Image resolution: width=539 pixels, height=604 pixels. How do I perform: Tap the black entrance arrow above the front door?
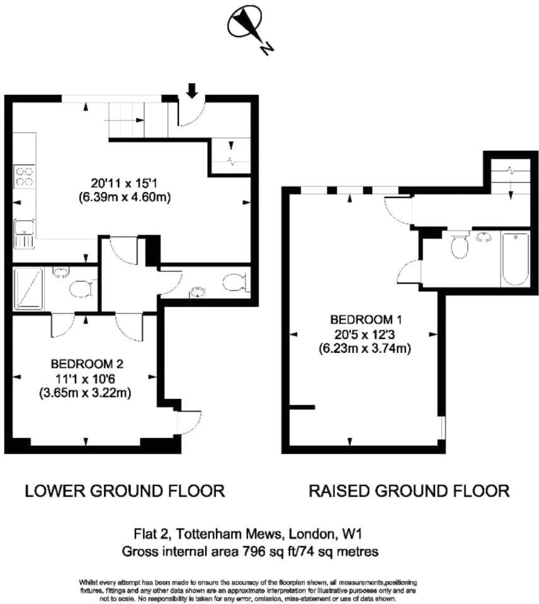192,92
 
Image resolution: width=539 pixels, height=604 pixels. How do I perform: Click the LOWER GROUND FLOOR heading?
125,491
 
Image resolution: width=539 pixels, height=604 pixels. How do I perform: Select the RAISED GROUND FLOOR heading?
409,491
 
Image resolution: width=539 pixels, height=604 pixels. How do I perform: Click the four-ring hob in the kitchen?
24,176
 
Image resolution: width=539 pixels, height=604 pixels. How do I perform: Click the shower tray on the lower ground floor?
28,289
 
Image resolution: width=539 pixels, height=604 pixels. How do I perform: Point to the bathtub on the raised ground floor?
515,259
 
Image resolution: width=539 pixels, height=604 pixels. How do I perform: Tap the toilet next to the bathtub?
459,245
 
